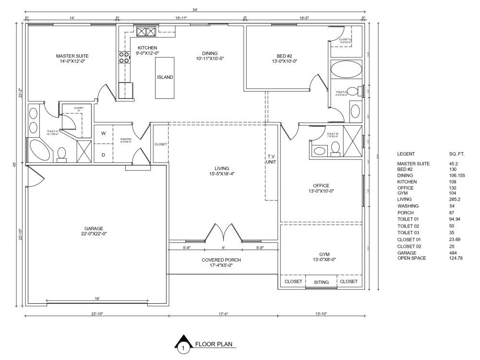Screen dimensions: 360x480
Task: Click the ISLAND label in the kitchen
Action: click(x=165, y=77)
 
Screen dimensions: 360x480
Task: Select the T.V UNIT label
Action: click(x=271, y=159)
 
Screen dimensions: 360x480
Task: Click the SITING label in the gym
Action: click(x=322, y=282)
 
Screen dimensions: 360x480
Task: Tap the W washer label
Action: click(x=103, y=133)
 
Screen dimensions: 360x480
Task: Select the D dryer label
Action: click(x=103, y=155)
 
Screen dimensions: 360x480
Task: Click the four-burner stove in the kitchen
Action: click(x=124, y=58)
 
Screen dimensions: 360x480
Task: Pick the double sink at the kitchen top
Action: click(x=146, y=32)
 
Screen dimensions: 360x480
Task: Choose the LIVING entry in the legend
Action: click(x=405, y=199)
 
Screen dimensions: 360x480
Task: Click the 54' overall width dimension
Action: click(x=195, y=10)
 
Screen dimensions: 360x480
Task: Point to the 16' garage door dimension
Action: click(x=97, y=299)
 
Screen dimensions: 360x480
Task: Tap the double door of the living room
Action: click(x=223, y=232)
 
